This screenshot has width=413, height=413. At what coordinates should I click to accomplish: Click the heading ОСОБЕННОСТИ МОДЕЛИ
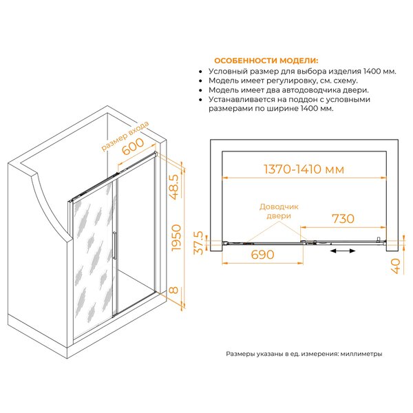point(266,61)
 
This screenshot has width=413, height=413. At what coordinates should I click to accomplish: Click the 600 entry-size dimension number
point(133,147)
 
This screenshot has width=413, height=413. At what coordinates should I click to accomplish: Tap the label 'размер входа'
point(125,136)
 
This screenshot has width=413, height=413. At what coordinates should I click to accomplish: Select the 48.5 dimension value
point(174,187)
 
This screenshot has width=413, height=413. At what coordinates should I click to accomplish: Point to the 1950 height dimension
point(176,237)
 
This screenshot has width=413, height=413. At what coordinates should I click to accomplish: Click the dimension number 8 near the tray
point(173,290)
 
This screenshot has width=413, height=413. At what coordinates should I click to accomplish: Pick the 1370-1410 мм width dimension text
point(304,169)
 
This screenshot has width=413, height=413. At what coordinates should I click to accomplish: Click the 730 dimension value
point(343,219)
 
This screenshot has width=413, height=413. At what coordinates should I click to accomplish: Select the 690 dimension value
point(263,255)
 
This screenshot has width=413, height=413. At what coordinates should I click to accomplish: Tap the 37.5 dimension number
point(199,242)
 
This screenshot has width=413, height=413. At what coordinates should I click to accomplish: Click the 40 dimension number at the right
point(395,266)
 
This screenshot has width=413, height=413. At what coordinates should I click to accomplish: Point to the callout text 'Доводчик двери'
point(279,211)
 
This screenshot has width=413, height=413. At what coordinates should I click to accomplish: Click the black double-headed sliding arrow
point(343,251)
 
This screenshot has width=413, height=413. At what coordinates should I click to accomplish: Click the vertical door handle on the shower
point(114,246)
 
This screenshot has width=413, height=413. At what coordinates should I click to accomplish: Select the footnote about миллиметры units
point(304,354)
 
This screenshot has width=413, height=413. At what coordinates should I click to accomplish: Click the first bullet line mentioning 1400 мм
point(302,71)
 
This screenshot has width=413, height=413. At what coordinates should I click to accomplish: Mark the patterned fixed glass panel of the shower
point(93,260)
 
